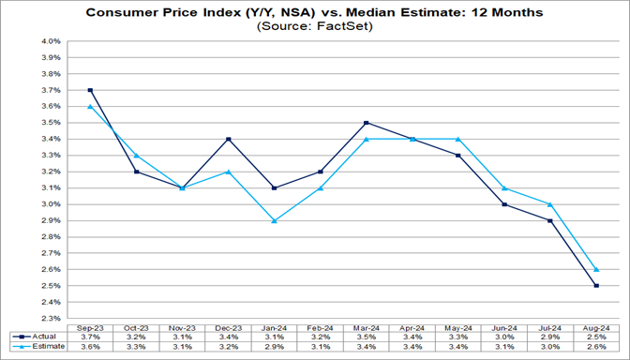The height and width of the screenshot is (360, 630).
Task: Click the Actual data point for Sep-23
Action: pyautogui.click(x=90, y=90)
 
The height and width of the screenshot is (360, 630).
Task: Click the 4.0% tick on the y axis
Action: pyautogui.click(x=50, y=42)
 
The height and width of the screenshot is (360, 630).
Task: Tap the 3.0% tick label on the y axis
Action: pyautogui.click(x=50, y=204)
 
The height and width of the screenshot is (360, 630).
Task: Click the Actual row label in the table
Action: pyautogui.click(x=37, y=336)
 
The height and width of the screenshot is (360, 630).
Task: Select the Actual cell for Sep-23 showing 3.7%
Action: pyautogui.click(x=90, y=336)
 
